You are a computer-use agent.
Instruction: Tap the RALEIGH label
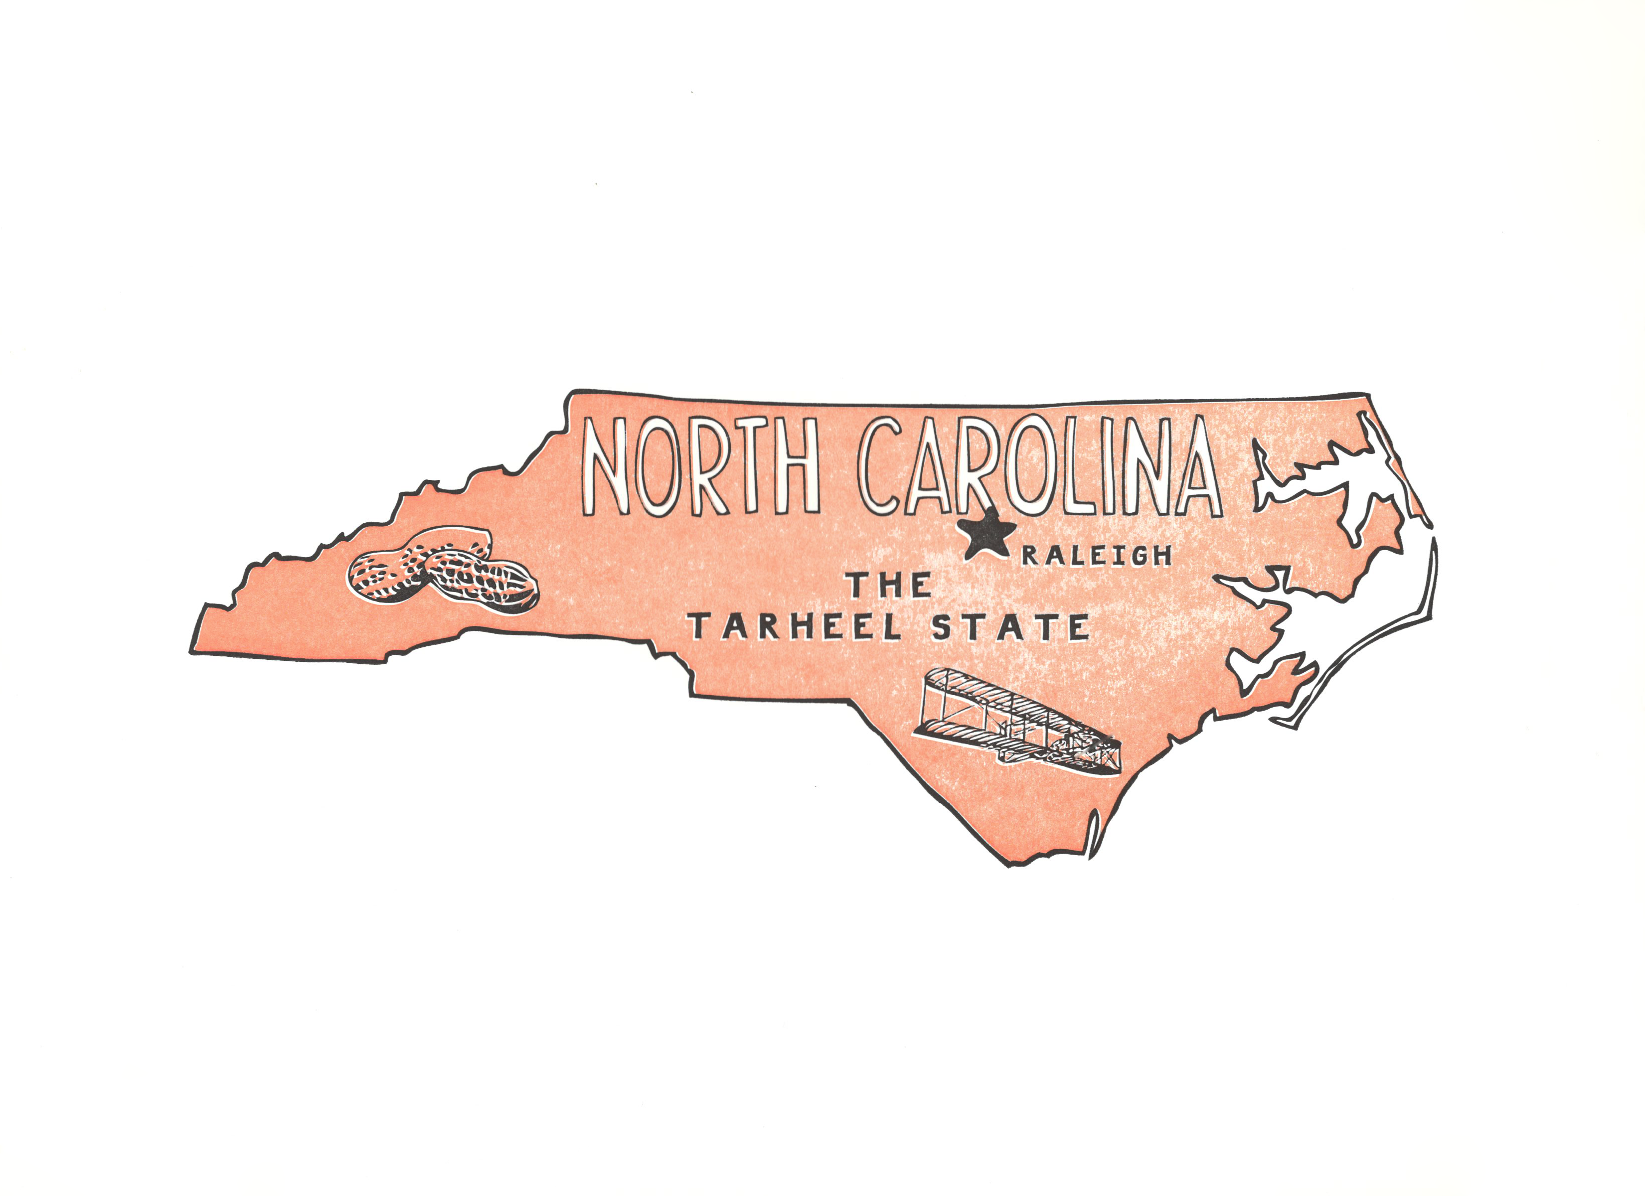point(1097,556)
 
